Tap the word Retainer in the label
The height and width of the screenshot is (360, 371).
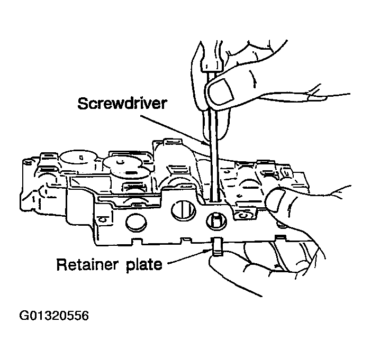pos(85,264)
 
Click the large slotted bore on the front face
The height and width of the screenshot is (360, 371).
pos(183,211)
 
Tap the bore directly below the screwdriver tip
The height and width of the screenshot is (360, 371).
pos(216,219)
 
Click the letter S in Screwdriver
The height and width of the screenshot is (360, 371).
pos(82,103)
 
